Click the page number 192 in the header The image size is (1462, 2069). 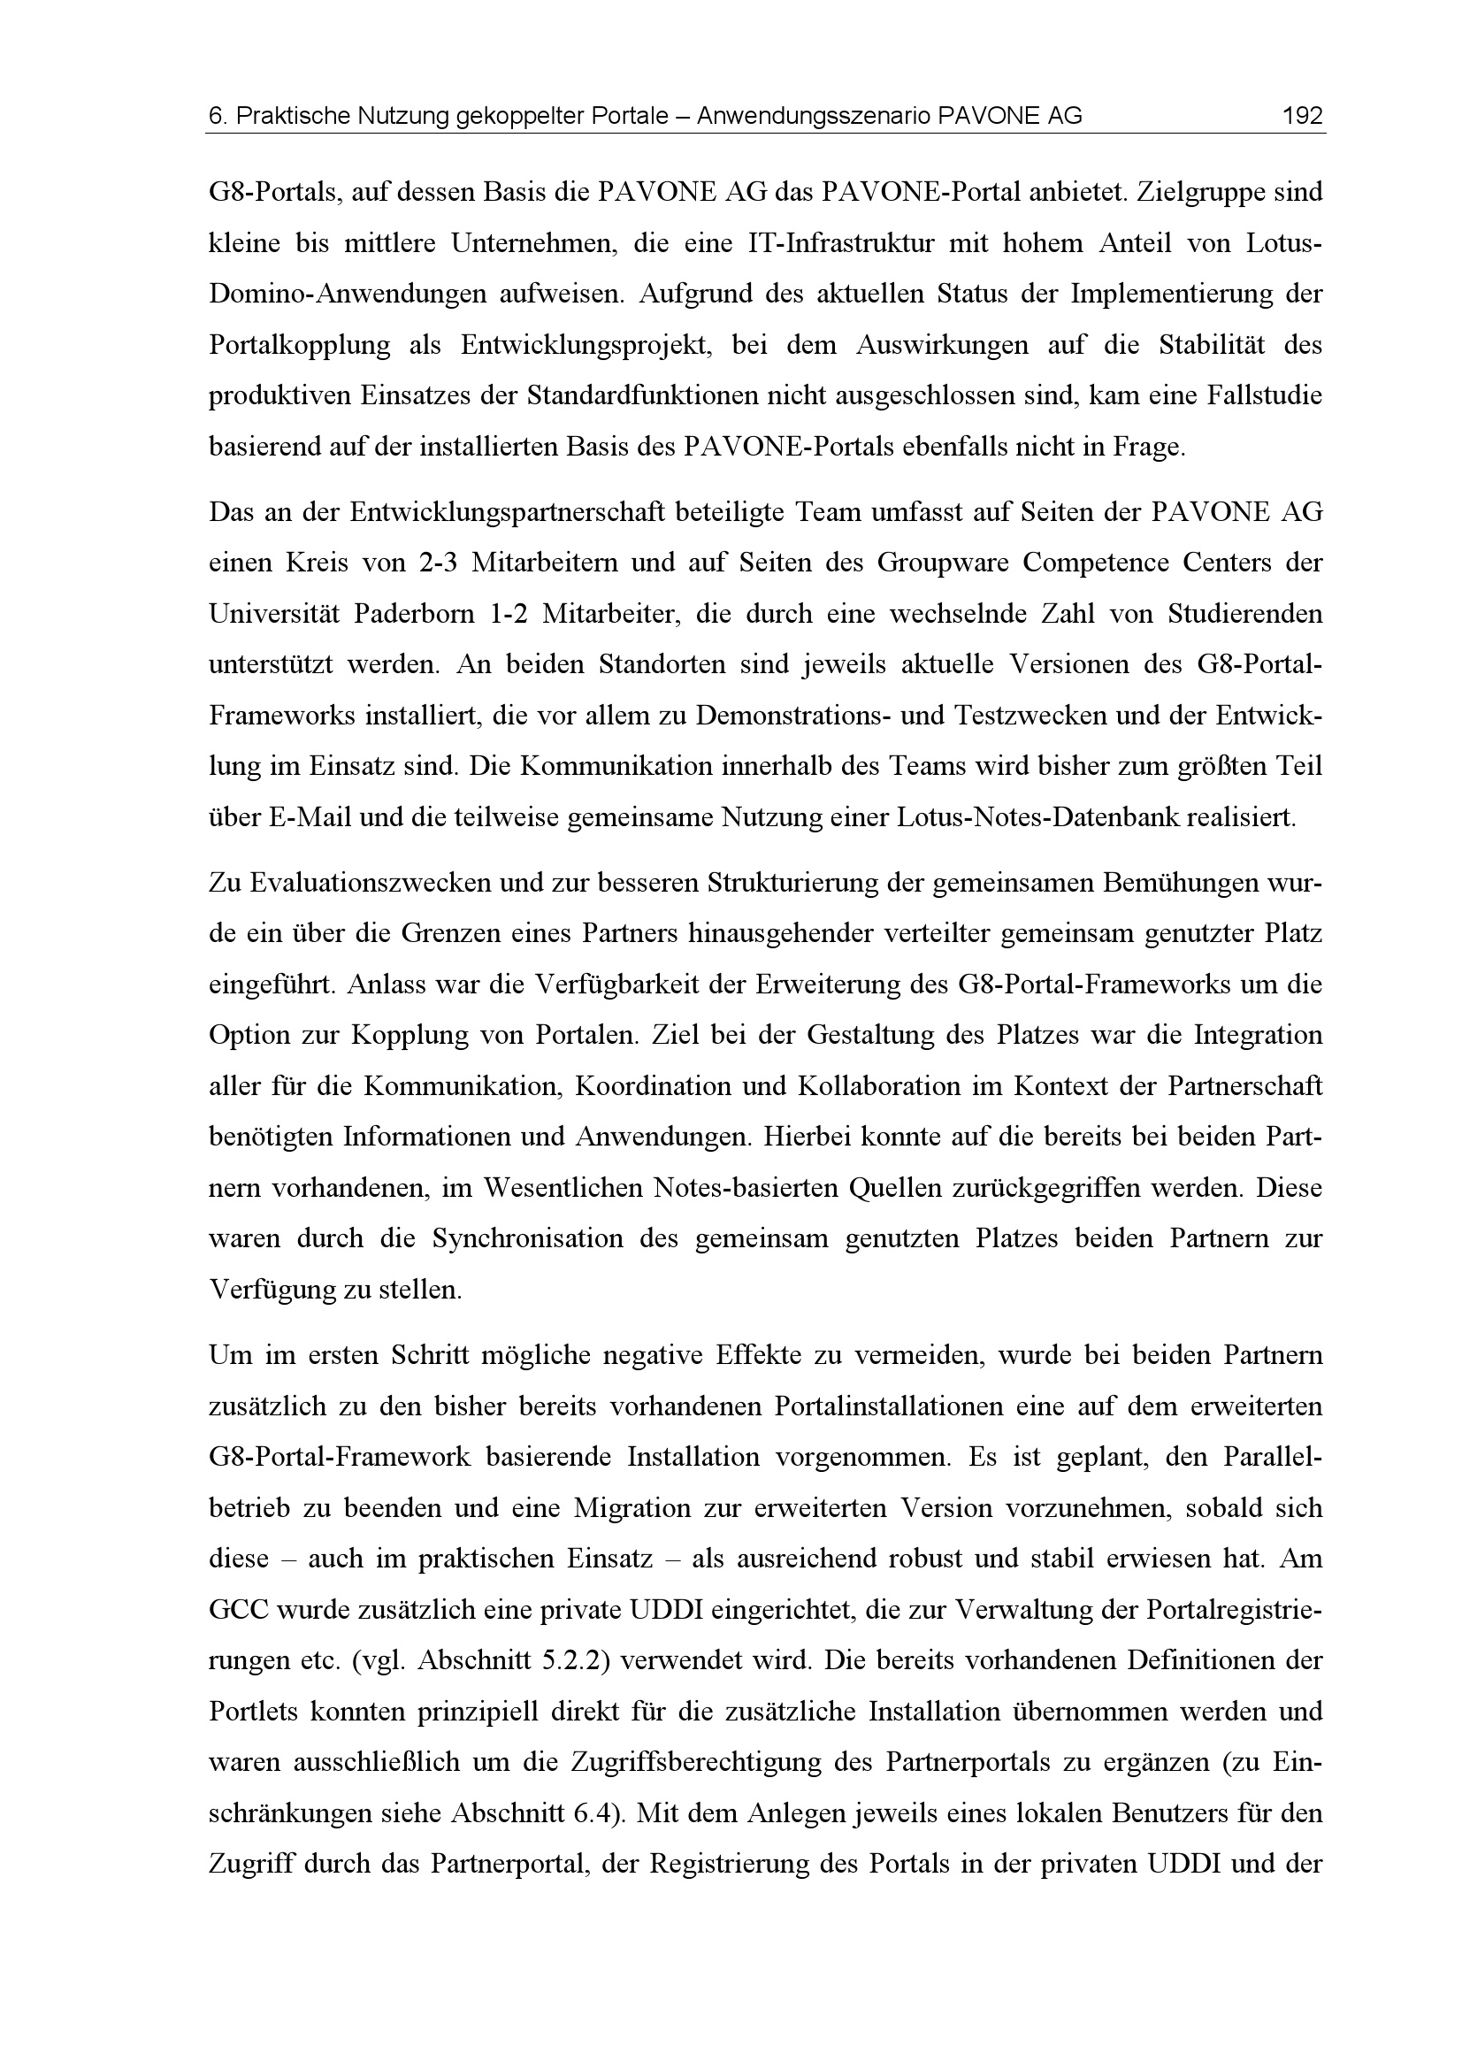(x=1302, y=116)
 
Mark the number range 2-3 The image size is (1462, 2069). (x=439, y=563)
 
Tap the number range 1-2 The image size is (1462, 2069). (x=508, y=615)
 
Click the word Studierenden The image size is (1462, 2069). (x=1245, y=615)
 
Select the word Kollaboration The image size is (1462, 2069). (x=876, y=1087)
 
